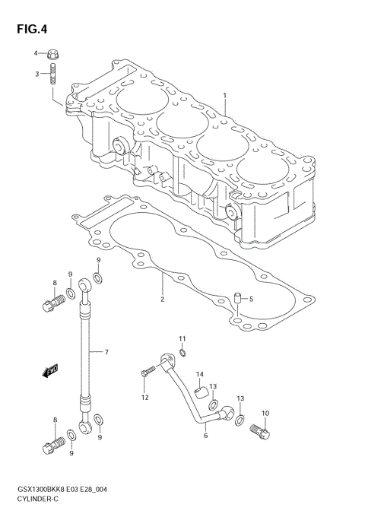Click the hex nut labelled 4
52,55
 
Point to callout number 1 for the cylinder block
225,95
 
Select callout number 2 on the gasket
162,300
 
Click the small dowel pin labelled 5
236,297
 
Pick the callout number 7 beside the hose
106,352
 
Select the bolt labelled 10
259,432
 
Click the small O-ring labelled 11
182,352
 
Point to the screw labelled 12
148,372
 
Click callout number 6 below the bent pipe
205,436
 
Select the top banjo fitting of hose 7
87,285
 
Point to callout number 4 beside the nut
35,53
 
